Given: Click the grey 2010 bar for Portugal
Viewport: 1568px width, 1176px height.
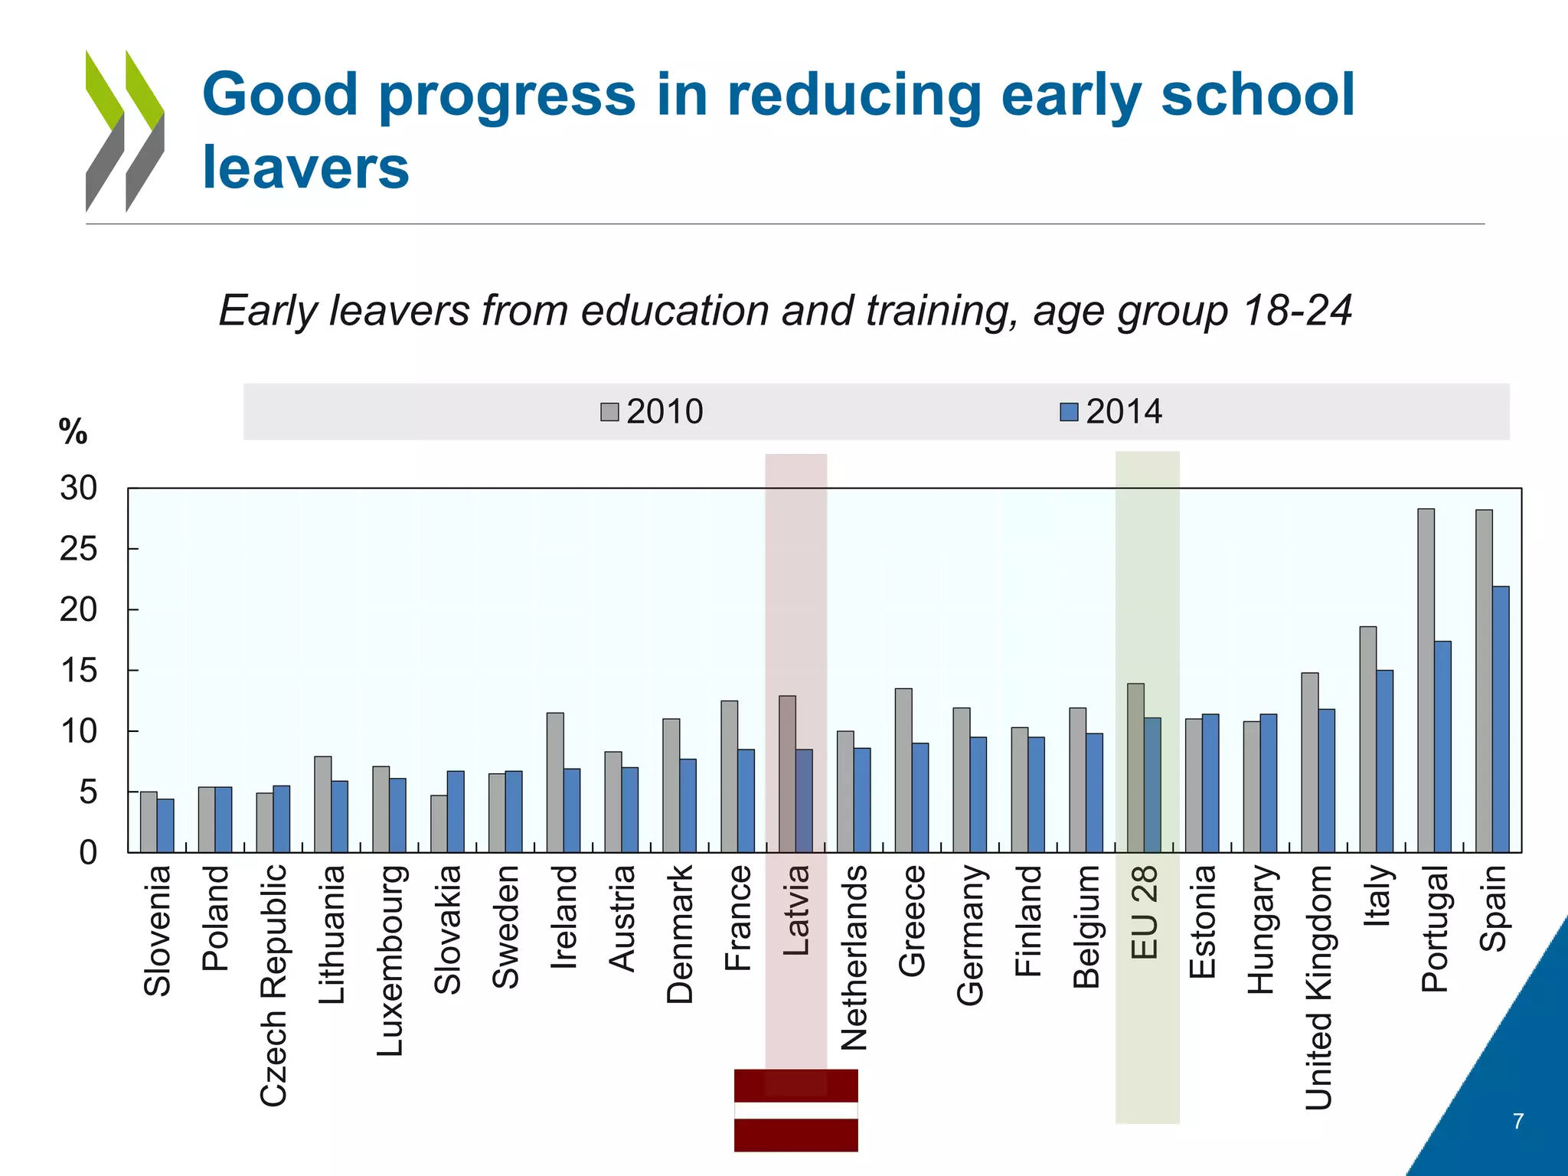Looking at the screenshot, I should point(1426,681).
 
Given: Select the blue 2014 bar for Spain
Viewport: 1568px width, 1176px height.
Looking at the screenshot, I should point(1501,720).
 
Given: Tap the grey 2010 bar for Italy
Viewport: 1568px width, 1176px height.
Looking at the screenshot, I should point(1367,740).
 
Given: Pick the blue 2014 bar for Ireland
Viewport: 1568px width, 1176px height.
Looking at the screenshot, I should point(572,810).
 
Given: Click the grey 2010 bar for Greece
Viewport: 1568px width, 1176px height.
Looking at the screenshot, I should point(903,770).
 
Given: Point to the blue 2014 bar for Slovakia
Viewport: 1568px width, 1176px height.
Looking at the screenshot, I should point(456,812).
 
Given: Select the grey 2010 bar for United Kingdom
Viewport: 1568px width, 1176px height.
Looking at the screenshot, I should point(1310,763).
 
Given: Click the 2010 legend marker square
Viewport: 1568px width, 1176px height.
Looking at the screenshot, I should point(609,412).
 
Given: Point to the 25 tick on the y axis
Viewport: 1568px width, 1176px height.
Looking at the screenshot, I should point(79,549).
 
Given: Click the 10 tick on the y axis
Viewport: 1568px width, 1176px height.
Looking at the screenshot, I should point(79,731).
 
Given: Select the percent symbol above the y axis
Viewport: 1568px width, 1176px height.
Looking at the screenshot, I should point(73,432).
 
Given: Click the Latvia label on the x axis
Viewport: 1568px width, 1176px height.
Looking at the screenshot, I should point(796,910).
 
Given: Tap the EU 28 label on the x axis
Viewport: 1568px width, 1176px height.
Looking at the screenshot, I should point(1145,912).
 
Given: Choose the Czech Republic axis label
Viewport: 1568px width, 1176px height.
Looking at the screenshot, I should point(273,985).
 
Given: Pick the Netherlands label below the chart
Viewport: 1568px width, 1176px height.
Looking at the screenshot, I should point(854,958).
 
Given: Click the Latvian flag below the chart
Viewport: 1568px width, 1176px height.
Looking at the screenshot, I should point(795,1110).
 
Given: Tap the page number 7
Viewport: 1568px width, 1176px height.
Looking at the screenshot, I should point(1518,1121).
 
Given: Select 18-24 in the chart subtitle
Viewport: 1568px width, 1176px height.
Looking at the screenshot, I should point(1297,311).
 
